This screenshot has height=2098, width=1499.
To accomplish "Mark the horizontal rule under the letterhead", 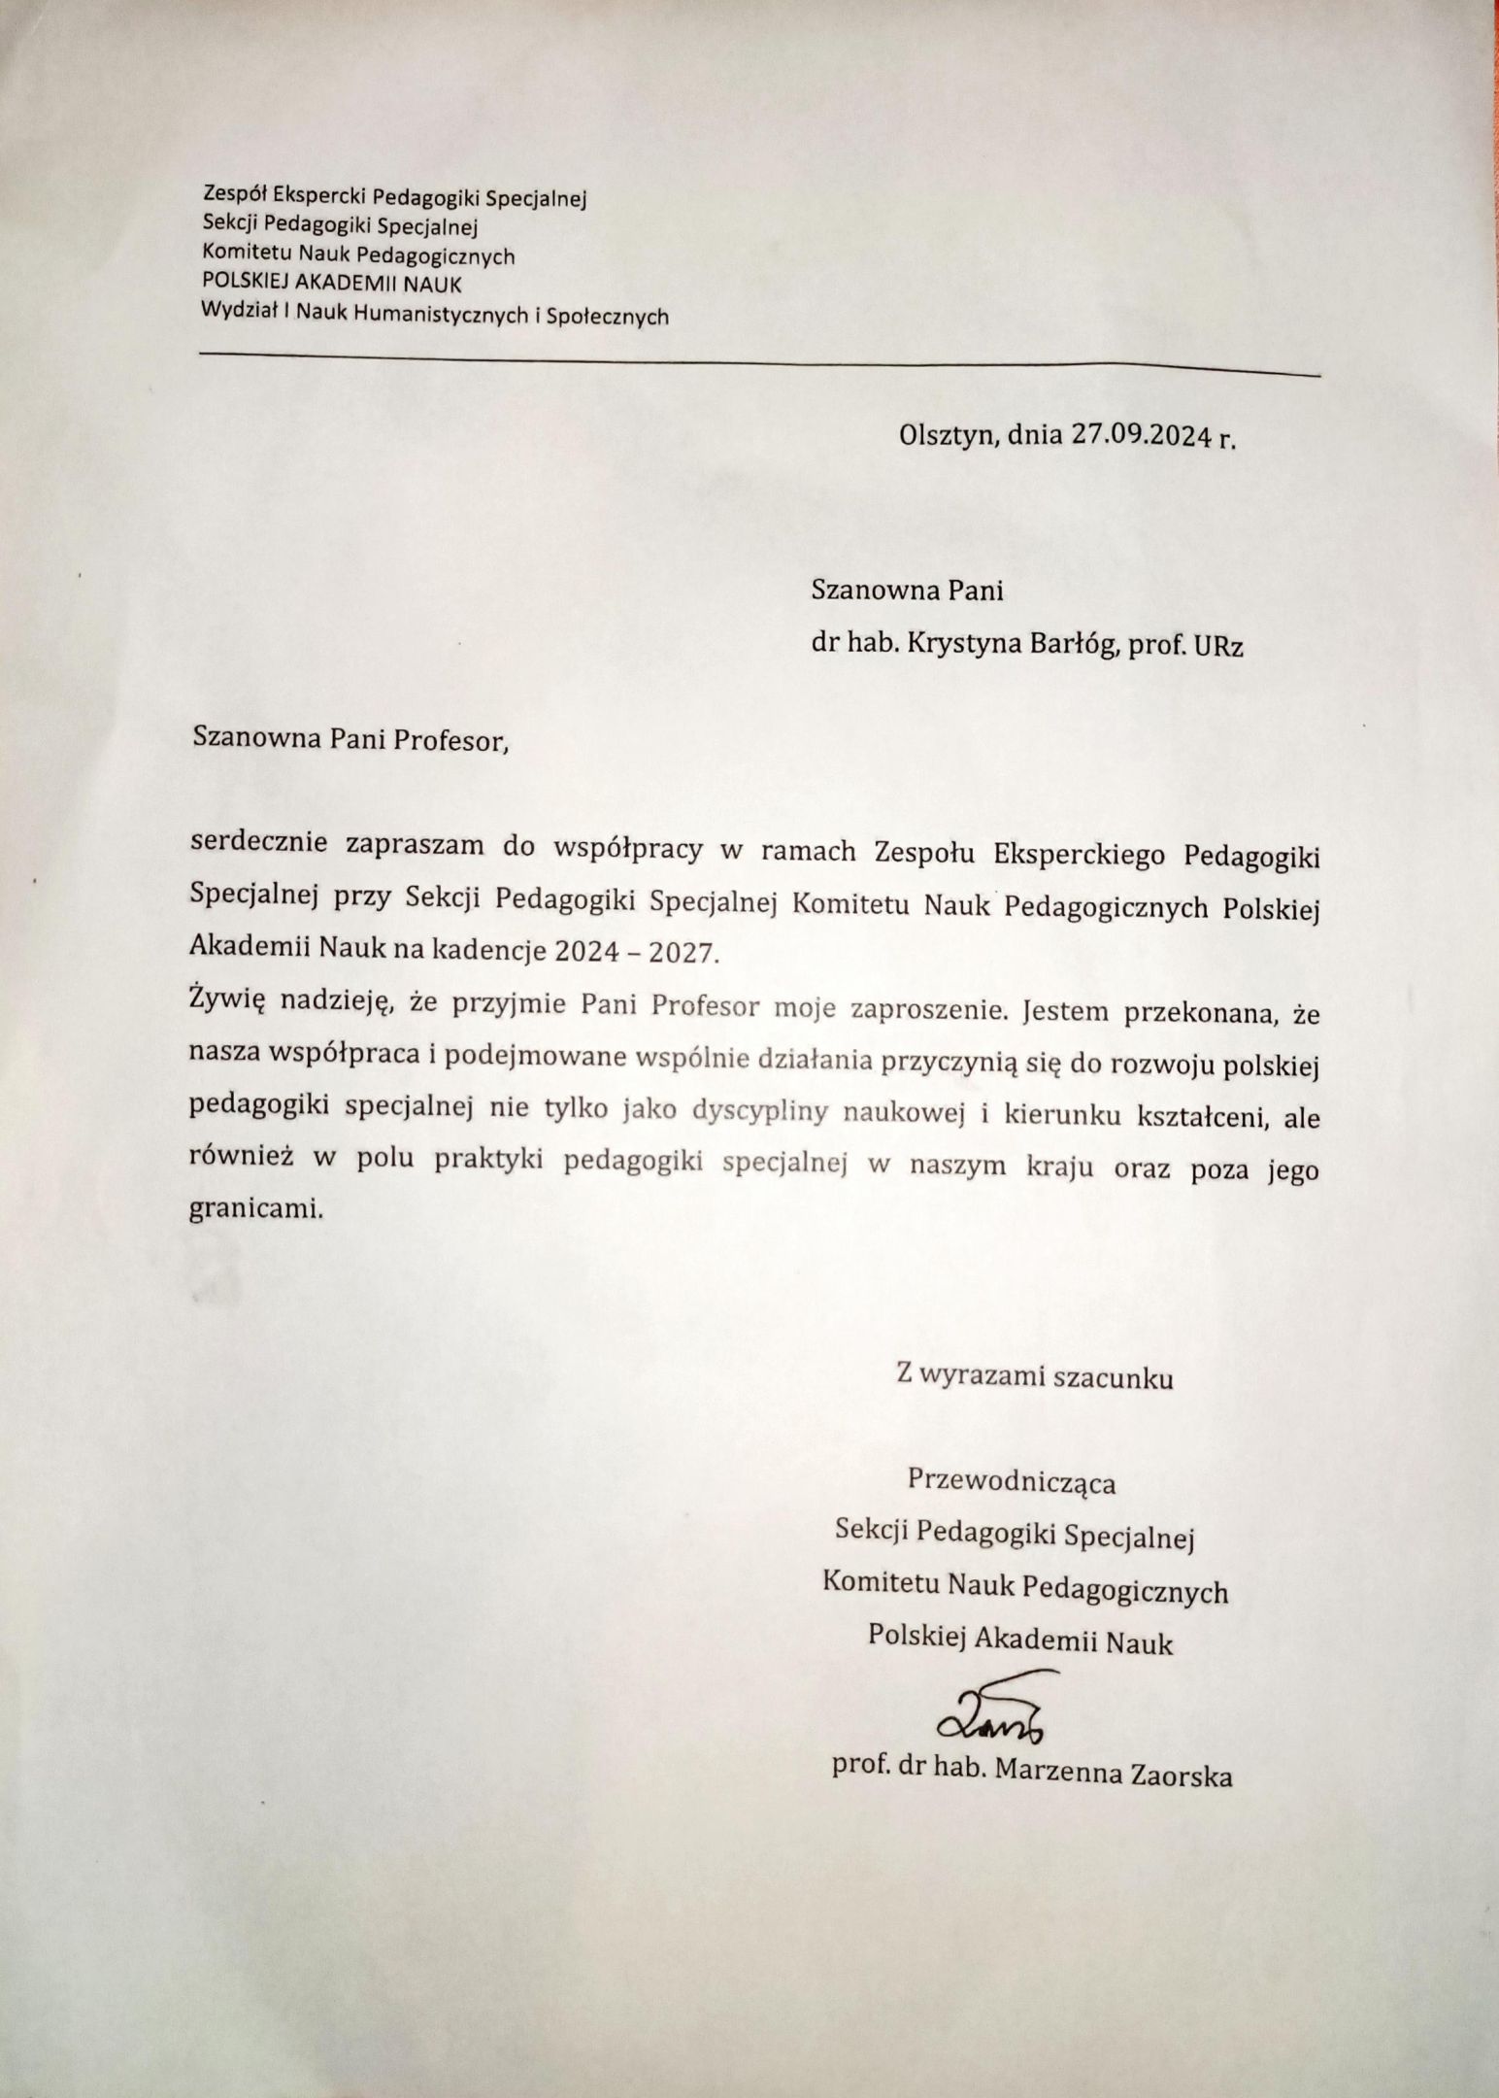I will [x=757, y=362].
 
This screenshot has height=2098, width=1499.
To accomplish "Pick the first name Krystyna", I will [x=959, y=646].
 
